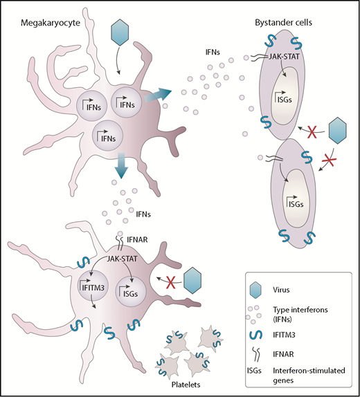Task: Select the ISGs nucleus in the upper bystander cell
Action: click(282, 102)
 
